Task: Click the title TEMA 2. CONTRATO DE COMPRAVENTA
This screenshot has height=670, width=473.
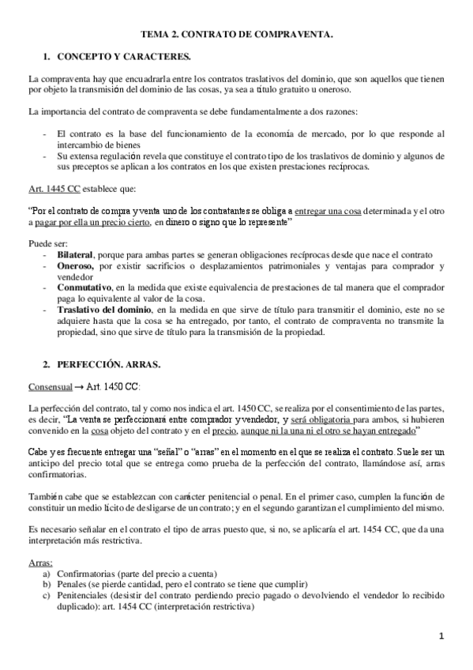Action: click(236, 35)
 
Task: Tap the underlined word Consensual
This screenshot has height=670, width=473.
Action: click(50, 386)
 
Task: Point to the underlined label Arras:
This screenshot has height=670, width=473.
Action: click(40, 562)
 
